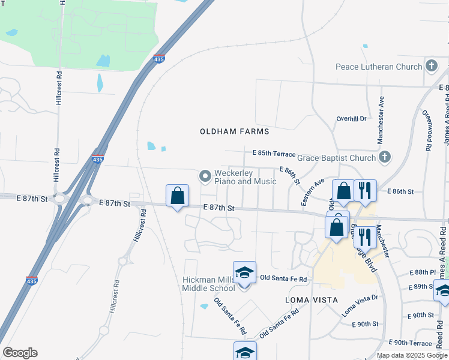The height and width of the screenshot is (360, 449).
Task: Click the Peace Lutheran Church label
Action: [x=379, y=67]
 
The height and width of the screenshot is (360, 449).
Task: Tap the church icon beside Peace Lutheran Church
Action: [x=430, y=66]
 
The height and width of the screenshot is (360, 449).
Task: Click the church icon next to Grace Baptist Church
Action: [x=385, y=158]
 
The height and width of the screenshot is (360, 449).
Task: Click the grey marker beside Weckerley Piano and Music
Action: [x=205, y=176]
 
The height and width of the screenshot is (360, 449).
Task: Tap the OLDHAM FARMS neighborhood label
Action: [x=235, y=131]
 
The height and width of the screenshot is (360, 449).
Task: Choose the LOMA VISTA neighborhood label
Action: [x=308, y=299]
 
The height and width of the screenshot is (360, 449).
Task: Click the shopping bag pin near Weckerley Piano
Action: [x=178, y=196]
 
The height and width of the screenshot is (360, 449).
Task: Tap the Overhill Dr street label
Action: [x=351, y=119]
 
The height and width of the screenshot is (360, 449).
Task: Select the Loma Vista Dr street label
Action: [x=360, y=305]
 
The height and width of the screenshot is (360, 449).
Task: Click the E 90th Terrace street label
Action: [x=410, y=343]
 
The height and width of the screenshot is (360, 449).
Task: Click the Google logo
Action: [x=20, y=353]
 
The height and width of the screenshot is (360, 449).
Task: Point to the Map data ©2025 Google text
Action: [x=412, y=355]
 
